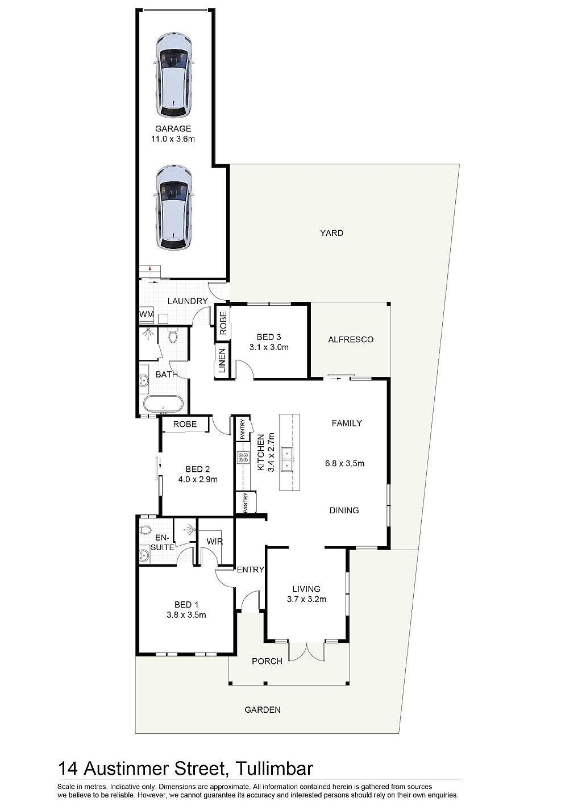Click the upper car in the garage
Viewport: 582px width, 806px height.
click(x=174, y=76)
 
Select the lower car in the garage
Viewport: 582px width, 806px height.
click(x=174, y=207)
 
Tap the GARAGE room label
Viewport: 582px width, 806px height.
click(x=173, y=128)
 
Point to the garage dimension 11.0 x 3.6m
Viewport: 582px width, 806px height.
click(x=173, y=139)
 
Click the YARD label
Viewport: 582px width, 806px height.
click(x=332, y=233)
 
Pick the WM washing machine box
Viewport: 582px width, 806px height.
click(x=147, y=314)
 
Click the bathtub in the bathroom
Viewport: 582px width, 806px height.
click(x=163, y=404)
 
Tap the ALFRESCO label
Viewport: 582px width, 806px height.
click(x=351, y=339)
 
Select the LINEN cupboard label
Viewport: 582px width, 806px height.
click(x=222, y=361)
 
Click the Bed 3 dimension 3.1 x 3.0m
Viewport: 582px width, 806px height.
click(x=269, y=347)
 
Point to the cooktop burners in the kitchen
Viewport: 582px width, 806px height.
click(x=243, y=458)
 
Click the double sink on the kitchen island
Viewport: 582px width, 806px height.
click(x=287, y=459)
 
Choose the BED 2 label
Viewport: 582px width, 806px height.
click(x=197, y=469)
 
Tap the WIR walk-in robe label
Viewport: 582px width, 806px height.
click(x=215, y=541)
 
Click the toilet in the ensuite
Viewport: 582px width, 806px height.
click(x=145, y=530)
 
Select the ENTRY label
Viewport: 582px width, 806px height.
click(x=250, y=570)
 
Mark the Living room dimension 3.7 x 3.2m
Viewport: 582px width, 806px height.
click(x=306, y=599)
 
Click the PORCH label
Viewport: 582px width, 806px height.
click(x=267, y=662)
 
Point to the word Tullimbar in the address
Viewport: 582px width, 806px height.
click(x=274, y=768)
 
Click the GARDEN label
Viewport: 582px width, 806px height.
click(x=263, y=710)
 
